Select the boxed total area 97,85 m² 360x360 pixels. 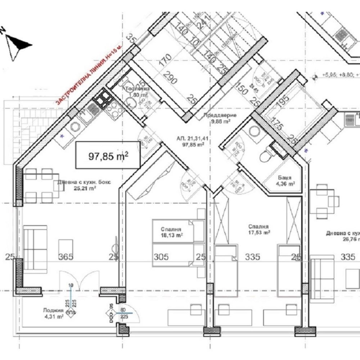108,156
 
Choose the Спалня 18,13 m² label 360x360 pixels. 171,232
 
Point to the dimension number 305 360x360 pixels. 160,257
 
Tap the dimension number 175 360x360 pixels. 277,125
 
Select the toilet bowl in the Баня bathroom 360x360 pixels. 264,156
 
